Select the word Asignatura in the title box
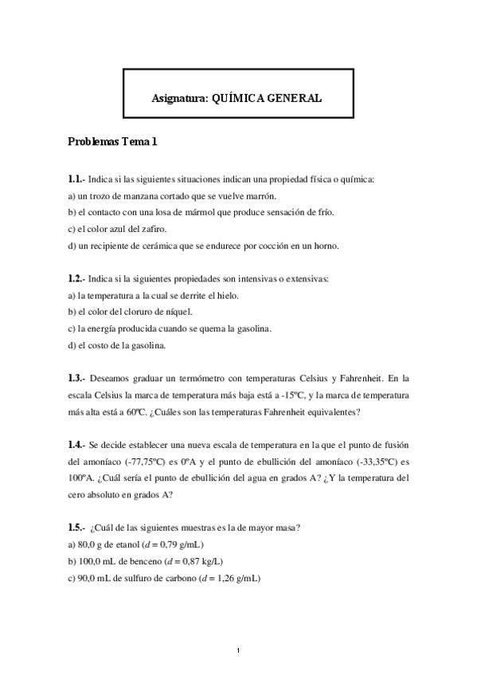point(178,98)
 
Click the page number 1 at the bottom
point(239,652)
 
